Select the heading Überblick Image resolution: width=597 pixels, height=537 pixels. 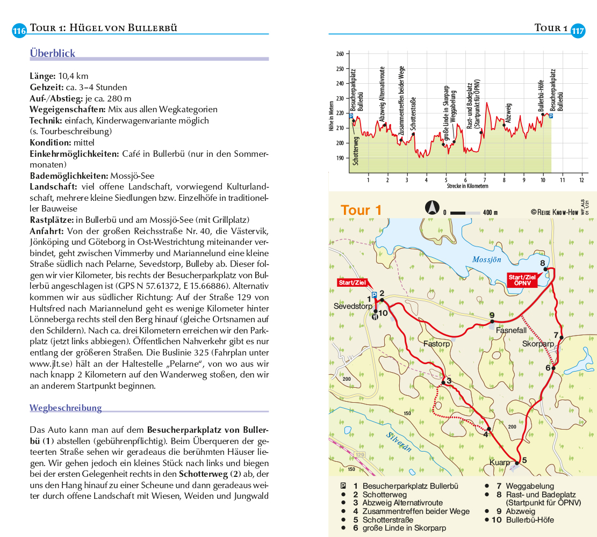pos(53,53)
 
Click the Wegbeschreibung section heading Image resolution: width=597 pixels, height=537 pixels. pos(66,408)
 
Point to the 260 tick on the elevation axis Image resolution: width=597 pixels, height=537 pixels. pos(340,54)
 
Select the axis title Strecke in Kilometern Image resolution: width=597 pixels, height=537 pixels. pos(467,186)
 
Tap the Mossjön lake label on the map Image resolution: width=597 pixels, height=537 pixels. pos(486,259)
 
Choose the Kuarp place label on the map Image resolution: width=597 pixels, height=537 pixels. pos(500,462)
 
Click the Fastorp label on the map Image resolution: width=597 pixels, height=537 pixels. pos(436,343)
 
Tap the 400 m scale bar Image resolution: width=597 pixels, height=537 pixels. pos(465,213)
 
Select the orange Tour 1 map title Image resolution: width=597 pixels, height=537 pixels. pos(361,210)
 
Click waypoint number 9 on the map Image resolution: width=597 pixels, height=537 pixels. pos(492,315)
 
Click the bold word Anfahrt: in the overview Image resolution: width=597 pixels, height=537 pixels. pos(46,231)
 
